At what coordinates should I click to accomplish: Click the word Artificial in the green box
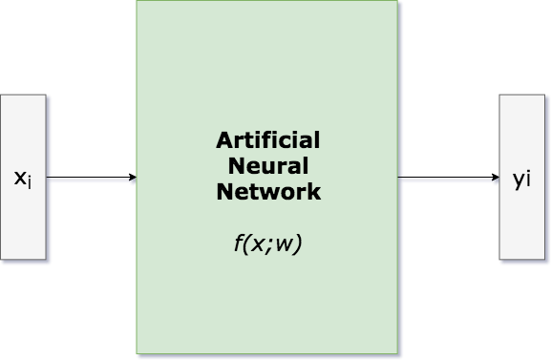coord(268,140)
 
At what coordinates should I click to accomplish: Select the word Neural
coord(268,166)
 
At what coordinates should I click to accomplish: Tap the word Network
coord(268,192)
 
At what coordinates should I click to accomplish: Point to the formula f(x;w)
coord(267,244)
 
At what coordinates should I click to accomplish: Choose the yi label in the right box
coord(521,180)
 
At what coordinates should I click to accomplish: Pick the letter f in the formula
coord(238,244)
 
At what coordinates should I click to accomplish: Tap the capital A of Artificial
coord(223,140)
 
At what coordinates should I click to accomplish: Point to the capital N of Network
coord(223,192)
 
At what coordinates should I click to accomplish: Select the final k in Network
coord(314,192)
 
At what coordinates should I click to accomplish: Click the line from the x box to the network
coord(88,180)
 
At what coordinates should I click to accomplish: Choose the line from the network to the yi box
coord(447,180)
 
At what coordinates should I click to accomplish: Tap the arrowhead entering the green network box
coord(133,180)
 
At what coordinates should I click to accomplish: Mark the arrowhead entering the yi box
coord(496,180)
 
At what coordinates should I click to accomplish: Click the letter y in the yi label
coord(518,180)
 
